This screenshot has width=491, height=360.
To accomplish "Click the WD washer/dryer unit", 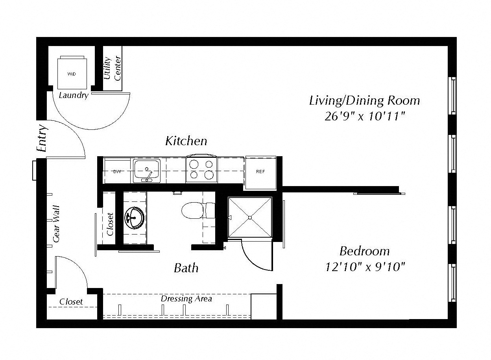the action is pyautogui.click(x=72, y=73).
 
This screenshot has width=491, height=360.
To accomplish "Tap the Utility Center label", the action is pyautogui.click(x=112, y=68).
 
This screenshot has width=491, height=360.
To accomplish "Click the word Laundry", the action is pyautogui.click(x=74, y=96).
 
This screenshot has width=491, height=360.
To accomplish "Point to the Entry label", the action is pyautogui.click(x=42, y=138).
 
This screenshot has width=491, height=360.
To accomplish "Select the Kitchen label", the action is pyautogui.click(x=186, y=141).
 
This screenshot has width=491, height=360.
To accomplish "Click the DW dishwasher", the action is pyautogui.click(x=117, y=172).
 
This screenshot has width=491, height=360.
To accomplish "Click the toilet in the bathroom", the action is pyautogui.click(x=198, y=210).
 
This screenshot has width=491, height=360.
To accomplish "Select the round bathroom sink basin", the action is pyautogui.click(x=135, y=218).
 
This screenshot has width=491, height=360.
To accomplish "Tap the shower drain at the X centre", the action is pyautogui.click(x=250, y=217).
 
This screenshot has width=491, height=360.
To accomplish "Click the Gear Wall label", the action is pyautogui.click(x=57, y=224).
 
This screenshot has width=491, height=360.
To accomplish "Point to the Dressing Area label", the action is pyautogui.click(x=186, y=299).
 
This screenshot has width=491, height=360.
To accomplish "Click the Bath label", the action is pyautogui.click(x=186, y=268).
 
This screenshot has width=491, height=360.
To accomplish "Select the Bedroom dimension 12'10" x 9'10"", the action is pyautogui.click(x=365, y=267).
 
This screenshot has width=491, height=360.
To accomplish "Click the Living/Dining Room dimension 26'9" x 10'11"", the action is pyautogui.click(x=365, y=116).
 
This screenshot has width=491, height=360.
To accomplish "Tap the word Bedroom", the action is pyautogui.click(x=365, y=251).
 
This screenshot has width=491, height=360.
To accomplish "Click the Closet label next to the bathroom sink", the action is pyautogui.click(x=110, y=224).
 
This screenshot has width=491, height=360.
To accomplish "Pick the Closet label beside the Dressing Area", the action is pyautogui.click(x=71, y=302).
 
